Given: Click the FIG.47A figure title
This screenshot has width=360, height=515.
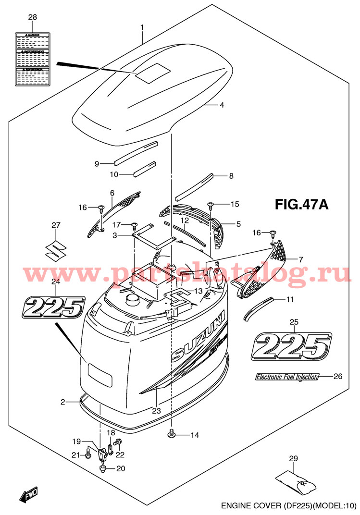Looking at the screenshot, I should pos(301,205).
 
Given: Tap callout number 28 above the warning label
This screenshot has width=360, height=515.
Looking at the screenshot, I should pos(32,18).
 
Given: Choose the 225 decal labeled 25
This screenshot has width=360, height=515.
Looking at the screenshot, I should pos(292,345).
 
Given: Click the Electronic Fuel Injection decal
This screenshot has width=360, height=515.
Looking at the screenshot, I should pos(286,377).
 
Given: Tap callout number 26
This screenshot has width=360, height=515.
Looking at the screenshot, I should pos(337,376).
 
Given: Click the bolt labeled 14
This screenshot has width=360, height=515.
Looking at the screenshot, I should pos(172,435).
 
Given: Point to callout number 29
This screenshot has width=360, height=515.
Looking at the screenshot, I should pos(294,459).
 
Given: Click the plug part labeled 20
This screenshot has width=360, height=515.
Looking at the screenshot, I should pos(102,469).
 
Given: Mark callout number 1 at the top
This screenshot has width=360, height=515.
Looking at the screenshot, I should pos(142,28).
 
